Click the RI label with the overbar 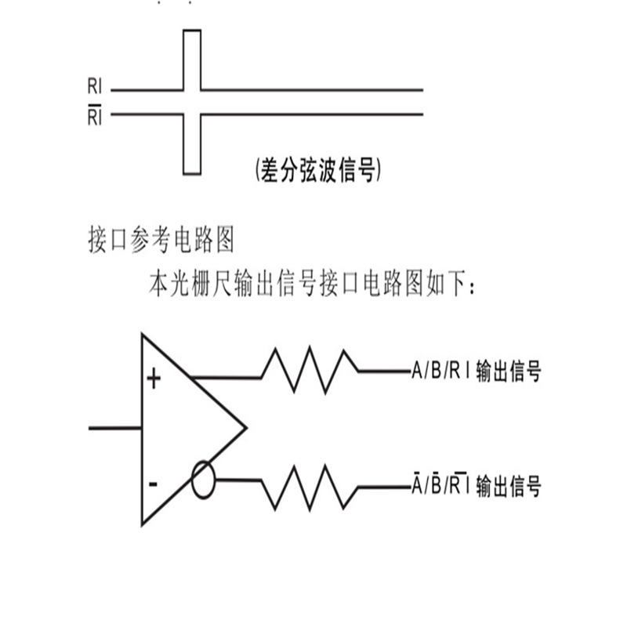pyautogui.click(x=93, y=118)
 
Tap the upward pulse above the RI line pyautogui.click(x=192, y=59)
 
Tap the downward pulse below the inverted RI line pyautogui.click(x=192, y=145)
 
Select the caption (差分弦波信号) pyautogui.click(x=318, y=170)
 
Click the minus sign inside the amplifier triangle pyautogui.click(x=153, y=484)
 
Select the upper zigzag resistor pyautogui.click(x=310, y=369)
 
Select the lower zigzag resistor pyautogui.click(x=310, y=486)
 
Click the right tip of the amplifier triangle pyautogui.click(x=245, y=428)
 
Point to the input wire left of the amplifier pyautogui.click(x=114, y=428)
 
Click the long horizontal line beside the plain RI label pyautogui.click(x=313, y=90)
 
